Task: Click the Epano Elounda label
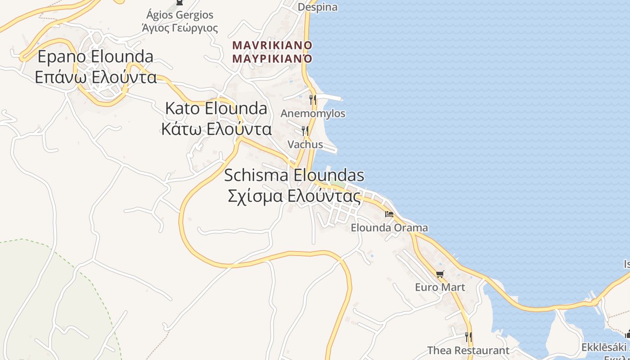pos(95,57)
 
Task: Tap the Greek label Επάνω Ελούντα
pos(95,77)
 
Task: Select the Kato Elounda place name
pos(216,108)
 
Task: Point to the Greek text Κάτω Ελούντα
pos(216,129)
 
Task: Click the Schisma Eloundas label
pos(294,175)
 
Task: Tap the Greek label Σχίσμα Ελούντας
pos(294,196)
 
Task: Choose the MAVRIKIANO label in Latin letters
pos(272,45)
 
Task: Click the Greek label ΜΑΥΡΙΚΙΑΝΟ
pos(272,58)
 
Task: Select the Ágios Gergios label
pos(180,15)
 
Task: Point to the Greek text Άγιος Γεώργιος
pos(180,28)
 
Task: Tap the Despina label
pos(317,7)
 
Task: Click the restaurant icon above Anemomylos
pos(313,99)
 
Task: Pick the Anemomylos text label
pos(313,113)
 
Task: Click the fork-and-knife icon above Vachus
pos(305,131)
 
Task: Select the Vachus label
pos(305,144)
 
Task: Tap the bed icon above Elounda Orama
pos(389,214)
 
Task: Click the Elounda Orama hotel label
pos(389,228)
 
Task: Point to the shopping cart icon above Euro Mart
pos(440,274)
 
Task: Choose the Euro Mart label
pos(440,287)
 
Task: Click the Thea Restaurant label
pos(468,350)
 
